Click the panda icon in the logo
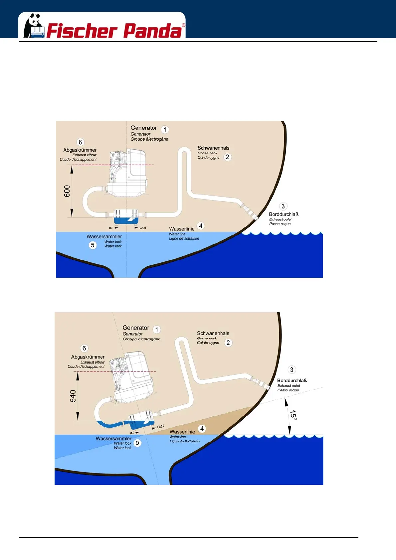(x=34, y=26)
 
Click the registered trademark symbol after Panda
(x=183, y=25)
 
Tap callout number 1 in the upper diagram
(x=165, y=129)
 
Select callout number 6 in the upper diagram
(x=80, y=142)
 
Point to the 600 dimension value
(x=67, y=191)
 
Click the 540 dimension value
(x=73, y=396)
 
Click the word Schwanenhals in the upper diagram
(x=213, y=148)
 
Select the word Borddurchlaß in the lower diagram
(x=292, y=380)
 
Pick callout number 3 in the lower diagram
(x=292, y=370)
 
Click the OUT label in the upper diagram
(x=143, y=228)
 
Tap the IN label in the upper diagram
(x=111, y=228)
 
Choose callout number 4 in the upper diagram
(x=201, y=226)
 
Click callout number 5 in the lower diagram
(x=137, y=443)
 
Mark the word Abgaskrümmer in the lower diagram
(x=88, y=357)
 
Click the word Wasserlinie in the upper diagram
(x=182, y=229)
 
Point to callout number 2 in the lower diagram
(x=228, y=343)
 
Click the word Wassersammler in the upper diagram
(x=104, y=237)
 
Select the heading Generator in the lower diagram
(x=136, y=328)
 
